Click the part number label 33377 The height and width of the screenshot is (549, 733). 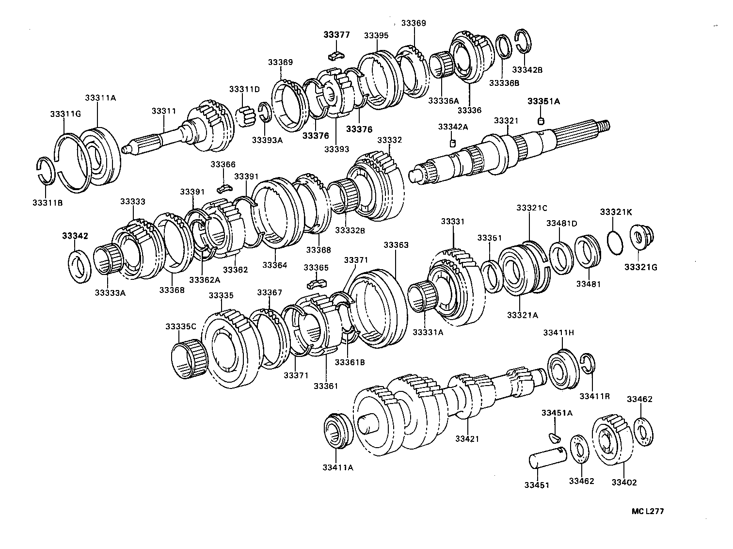tap(336, 35)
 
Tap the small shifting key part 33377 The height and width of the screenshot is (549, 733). tap(335, 55)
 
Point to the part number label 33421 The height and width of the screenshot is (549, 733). tap(467, 438)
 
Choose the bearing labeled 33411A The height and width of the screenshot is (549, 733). tap(337, 430)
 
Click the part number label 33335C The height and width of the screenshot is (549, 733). tap(180, 326)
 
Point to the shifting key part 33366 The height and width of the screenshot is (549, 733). tap(224, 186)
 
